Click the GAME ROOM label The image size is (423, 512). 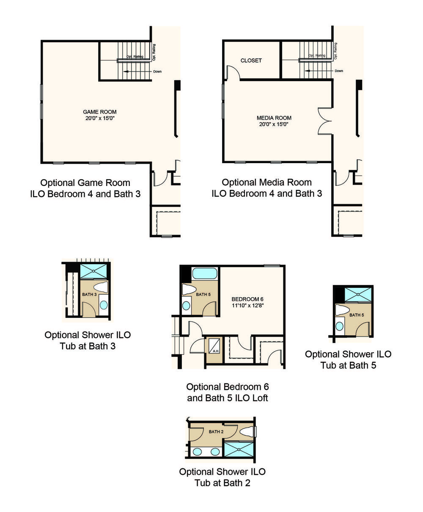99,112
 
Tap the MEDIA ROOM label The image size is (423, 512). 274,118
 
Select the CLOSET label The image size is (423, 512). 251,60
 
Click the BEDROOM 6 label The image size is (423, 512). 247,299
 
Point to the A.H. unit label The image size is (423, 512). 216,351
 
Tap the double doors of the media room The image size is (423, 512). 324,121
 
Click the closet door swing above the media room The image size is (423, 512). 233,72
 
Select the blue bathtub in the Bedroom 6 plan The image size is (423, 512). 205,274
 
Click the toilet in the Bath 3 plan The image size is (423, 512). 101,287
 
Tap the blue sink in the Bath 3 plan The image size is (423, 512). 104,305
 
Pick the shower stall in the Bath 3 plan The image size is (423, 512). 93,271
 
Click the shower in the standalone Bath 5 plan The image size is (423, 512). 358,295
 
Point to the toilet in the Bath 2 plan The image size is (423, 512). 247,432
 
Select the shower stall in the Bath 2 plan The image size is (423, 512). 239,449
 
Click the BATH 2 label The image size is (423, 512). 216,432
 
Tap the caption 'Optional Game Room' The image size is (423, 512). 85,183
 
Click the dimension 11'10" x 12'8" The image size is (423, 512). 247,306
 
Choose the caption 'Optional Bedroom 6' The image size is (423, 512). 228,387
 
